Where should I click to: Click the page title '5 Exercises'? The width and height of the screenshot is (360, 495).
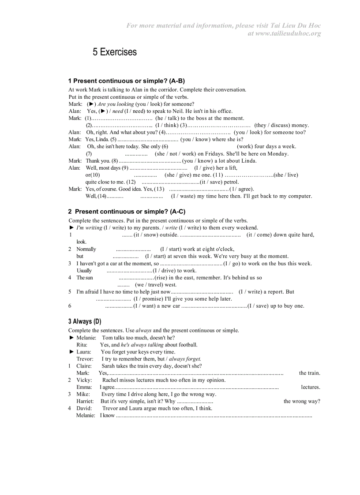coord(115,52)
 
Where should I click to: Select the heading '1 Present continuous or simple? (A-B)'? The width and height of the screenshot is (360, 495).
coord(126,81)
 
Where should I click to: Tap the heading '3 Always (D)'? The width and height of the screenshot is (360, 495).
coord(85,321)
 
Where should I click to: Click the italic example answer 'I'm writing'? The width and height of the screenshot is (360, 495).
coord(89,228)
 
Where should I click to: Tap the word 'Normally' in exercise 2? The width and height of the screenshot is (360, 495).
coord(86,249)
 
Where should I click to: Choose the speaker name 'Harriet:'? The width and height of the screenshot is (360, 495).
coord(85,401)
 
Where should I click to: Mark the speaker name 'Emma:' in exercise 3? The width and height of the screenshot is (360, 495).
coord(84,387)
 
